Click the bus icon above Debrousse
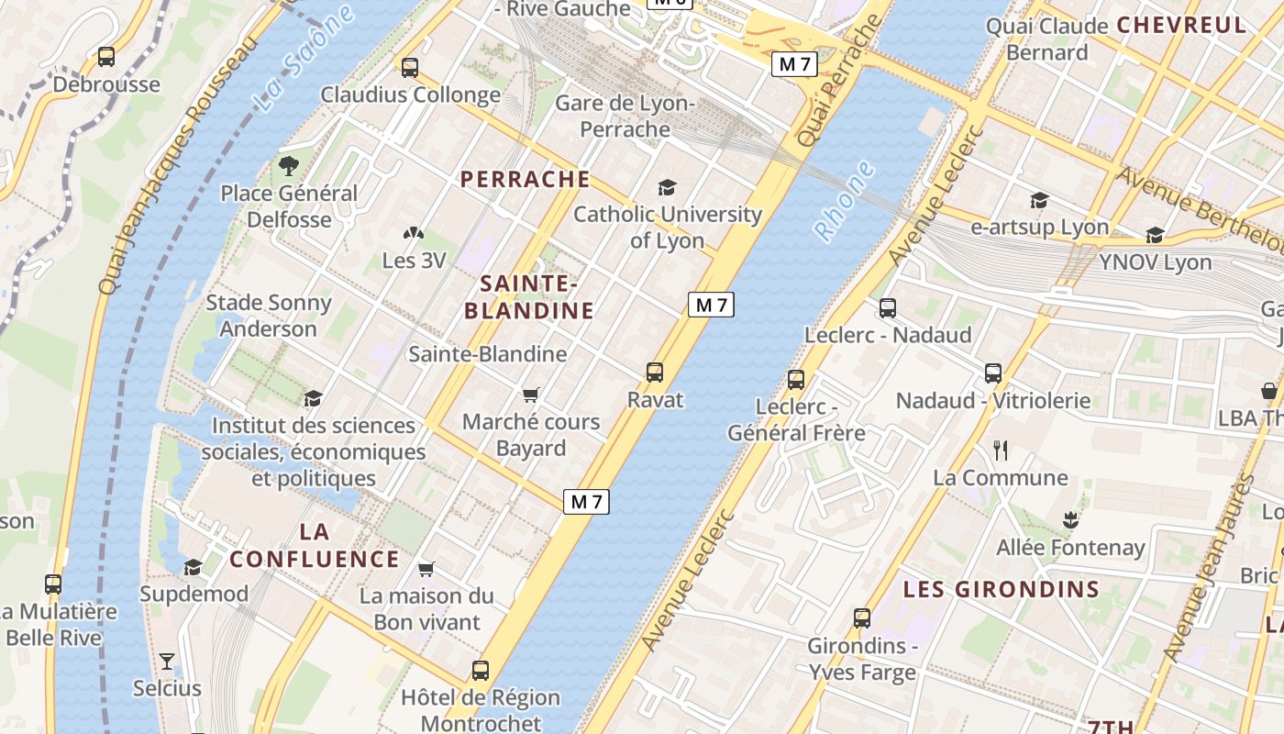tap(106, 57)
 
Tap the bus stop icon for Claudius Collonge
tap(410, 67)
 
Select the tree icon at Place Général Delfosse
tap(289, 166)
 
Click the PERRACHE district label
tap(526, 179)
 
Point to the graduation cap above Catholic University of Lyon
tap(667, 187)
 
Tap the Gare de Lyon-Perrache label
tap(625, 117)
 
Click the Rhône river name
tap(844, 202)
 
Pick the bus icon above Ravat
tap(655, 372)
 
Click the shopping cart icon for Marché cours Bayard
tap(530, 395)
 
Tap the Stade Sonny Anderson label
tap(268, 316)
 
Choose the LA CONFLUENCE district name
tap(315, 545)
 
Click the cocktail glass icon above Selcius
tap(166, 661)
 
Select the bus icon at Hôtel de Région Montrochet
tap(481, 670)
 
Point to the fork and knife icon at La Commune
tap(1001, 450)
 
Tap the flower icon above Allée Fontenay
tap(1069, 519)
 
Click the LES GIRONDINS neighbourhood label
tap(1001, 589)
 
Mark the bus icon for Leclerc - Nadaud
tap(887, 308)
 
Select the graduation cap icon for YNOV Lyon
tap(1155, 235)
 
